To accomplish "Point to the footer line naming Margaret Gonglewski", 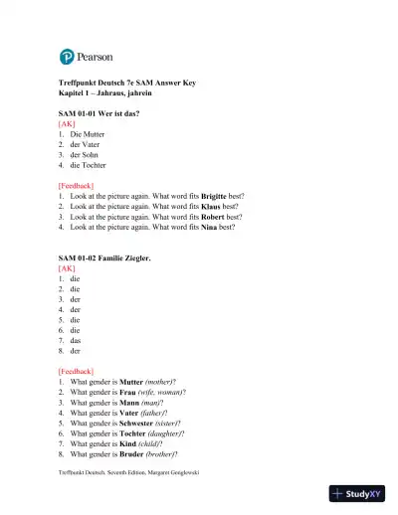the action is (x=128, y=471).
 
